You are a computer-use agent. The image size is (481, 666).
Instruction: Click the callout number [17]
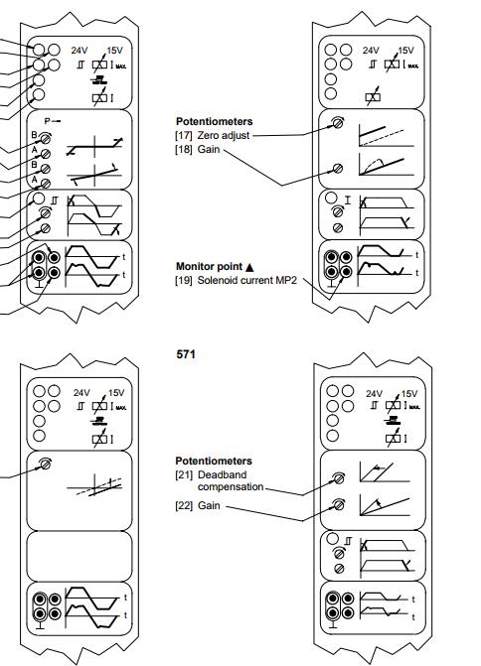click(183, 136)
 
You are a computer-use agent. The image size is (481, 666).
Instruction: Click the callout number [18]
click(183, 149)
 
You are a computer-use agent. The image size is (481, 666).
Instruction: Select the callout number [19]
click(183, 280)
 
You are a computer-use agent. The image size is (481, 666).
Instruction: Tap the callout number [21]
click(184, 474)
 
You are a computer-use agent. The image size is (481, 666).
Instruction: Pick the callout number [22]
click(184, 505)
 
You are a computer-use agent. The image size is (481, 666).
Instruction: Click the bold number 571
click(186, 354)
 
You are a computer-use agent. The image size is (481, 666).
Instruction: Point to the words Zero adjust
click(224, 136)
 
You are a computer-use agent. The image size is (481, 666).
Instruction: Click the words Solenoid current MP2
click(246, 280)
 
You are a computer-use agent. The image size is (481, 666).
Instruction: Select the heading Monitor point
click(209, 267)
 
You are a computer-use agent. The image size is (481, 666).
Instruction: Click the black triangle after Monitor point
click(249, 267)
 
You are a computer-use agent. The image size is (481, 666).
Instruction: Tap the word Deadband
click(222, 474)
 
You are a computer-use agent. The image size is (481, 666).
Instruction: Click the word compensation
click(231, 486)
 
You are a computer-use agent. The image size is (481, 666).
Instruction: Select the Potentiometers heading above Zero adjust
click(215, 121)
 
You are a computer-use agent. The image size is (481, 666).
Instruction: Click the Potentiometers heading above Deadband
click(214, 461)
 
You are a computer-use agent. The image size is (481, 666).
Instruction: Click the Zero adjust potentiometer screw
click(338, 123)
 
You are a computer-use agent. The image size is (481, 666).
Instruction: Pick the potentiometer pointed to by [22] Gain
click(339, 505)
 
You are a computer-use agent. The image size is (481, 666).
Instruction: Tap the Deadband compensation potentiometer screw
click(339, 478)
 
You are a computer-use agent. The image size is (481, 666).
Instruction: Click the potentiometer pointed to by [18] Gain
click(338, 169)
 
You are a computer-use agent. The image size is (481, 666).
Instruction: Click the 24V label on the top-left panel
click(80, 51)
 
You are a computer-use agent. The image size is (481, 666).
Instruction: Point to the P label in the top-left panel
click(48, 121)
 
